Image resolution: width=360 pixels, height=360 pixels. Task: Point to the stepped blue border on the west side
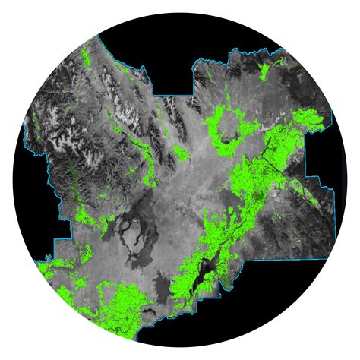pyautogui.click(x=56, y=228)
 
